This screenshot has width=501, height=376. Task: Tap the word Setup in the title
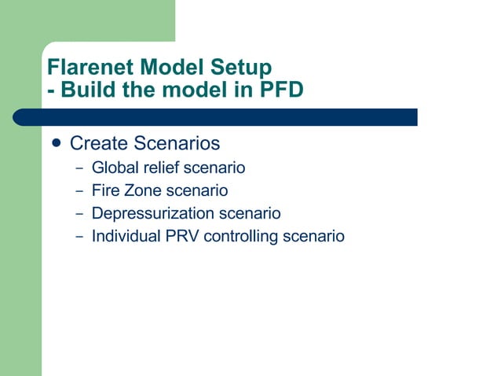[x=239, y=67]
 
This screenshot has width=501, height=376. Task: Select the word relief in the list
[x=160, y=168]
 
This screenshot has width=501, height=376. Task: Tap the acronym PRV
[x=179, y=236]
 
